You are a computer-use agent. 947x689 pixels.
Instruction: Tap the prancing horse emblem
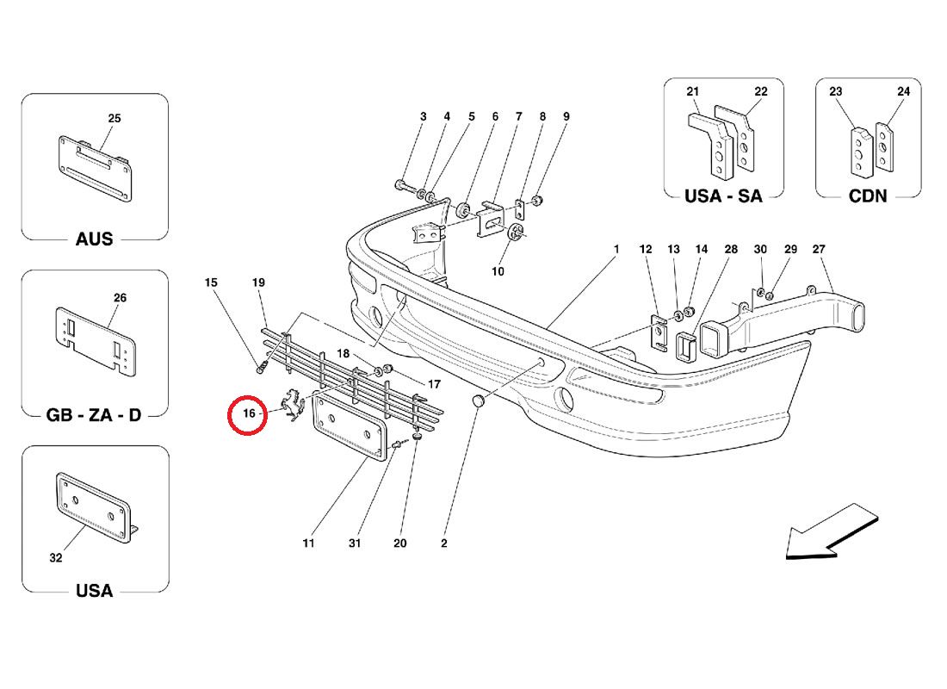294,407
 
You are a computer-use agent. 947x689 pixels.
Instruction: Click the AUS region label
94,239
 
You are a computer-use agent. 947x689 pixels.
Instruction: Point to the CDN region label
867,196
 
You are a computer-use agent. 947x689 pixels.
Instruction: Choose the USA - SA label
723,196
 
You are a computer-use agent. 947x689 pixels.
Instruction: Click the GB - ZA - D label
94,414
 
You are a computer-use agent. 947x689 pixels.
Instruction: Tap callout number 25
115,118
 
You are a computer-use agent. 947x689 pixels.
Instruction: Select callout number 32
56,558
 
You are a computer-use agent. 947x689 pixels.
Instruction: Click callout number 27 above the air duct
818,250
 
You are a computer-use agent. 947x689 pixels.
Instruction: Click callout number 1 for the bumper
616,250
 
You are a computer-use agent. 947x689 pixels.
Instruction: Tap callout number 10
498,272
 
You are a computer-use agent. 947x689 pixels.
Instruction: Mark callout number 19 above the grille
257,282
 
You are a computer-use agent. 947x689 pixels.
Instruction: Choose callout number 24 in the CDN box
902,91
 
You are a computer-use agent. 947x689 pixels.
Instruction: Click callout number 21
693,91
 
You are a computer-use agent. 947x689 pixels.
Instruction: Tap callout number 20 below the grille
399,543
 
